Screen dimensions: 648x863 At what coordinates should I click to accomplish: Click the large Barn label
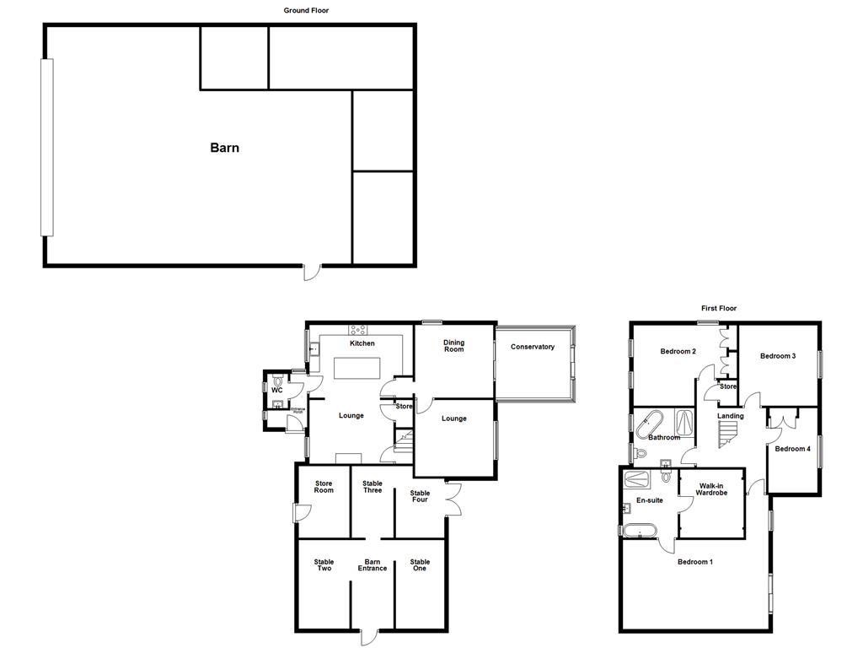tap(224, 148)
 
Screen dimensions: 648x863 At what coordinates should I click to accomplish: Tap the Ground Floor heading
tap(306, 11)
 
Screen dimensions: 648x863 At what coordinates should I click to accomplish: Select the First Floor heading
tap(719, 309)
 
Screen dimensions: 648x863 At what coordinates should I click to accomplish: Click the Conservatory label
tap(533, 347)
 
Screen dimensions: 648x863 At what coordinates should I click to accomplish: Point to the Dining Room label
tap(453, 346)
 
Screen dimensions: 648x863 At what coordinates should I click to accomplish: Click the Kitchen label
tap(362, 343)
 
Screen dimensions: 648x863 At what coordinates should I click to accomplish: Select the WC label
tap(276, 390)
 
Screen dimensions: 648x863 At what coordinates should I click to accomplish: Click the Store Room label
tap(324, 487)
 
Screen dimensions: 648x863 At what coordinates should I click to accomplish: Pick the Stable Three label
tap(373, 487)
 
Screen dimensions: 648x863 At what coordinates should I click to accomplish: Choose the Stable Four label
tap(420, 496)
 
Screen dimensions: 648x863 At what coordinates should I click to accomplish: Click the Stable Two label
tap(324, 564)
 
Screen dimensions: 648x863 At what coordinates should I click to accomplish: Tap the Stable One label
tap(420, 564)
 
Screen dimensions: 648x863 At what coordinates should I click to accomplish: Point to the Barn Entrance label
tap(372, 564)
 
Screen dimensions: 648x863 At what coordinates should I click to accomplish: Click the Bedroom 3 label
tap(778, 356)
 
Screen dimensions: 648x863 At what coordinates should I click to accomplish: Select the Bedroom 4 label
tap(792, 449)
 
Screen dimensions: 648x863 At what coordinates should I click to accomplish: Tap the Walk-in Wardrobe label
tap(711, 489)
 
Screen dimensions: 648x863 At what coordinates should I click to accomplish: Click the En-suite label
tap(650, 500)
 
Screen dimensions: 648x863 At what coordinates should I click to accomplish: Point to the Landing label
tap(731, 416)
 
